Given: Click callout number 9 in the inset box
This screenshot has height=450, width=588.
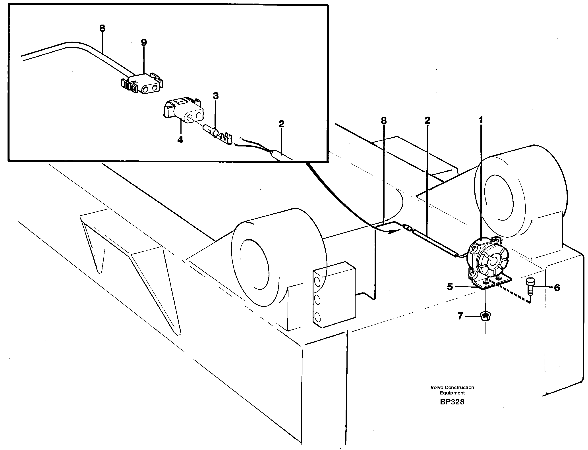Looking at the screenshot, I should point(144,42).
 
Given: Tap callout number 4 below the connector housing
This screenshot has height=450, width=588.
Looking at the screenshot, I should point(180,140).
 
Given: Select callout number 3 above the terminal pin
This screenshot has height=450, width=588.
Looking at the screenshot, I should point(216,96).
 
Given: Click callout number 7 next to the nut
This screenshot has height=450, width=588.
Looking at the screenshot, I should point(460,316).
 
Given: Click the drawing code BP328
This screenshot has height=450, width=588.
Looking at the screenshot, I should point(452,409).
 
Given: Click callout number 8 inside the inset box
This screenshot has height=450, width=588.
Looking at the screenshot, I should point(102,28).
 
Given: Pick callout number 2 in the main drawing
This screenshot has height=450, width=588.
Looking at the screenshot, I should point(427,120).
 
